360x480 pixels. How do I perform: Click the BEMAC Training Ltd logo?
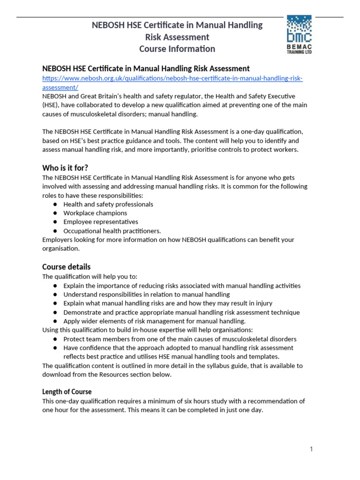click(299, 34)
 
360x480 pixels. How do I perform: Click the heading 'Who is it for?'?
click(65, 167)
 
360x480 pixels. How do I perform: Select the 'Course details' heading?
click(67, 266)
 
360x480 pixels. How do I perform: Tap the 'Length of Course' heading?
click(67, 391)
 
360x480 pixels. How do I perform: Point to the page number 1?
click(311, 449)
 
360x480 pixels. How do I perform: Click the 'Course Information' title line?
click(177, 49)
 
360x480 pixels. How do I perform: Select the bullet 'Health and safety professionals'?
click(108, 204)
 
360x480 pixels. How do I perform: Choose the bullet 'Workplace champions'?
click(95, 213)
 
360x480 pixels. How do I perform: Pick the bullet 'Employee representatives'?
click(101, 222)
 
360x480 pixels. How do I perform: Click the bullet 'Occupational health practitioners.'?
click(112, 231)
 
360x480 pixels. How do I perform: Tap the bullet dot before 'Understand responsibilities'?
click(55, 295)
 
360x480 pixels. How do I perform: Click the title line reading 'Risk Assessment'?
click(177, 37)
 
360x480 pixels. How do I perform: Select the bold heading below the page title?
click(146, 68)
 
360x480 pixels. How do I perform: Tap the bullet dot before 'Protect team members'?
click(55, 339)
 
